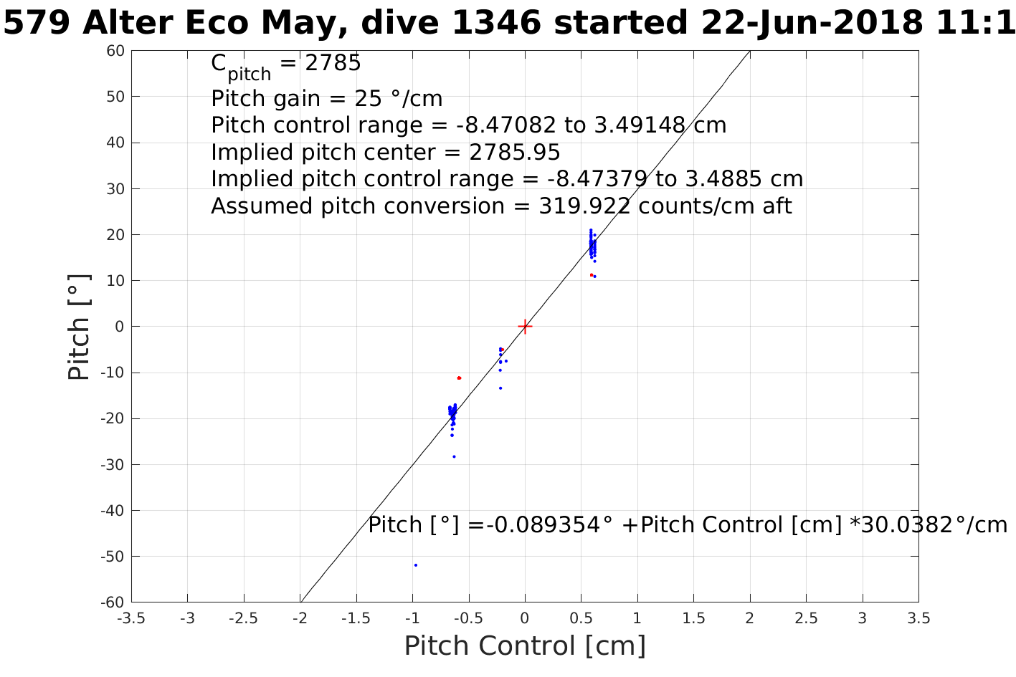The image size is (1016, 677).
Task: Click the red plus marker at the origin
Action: coord(525,326)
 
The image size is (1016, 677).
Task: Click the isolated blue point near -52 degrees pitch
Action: coord(415,565)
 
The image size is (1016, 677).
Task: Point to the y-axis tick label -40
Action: coord(113,510)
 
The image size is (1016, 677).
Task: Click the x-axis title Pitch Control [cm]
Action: coord(525,645)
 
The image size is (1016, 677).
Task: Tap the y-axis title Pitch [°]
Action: coord(80,327)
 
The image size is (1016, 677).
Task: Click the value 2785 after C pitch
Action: coord(333,64)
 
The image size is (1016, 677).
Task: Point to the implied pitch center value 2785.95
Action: coord(514,153)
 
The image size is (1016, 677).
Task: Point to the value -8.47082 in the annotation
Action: coord(506,125)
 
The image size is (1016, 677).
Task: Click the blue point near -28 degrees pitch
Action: coord(454,456)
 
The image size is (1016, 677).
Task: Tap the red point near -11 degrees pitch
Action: coord(459,378)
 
